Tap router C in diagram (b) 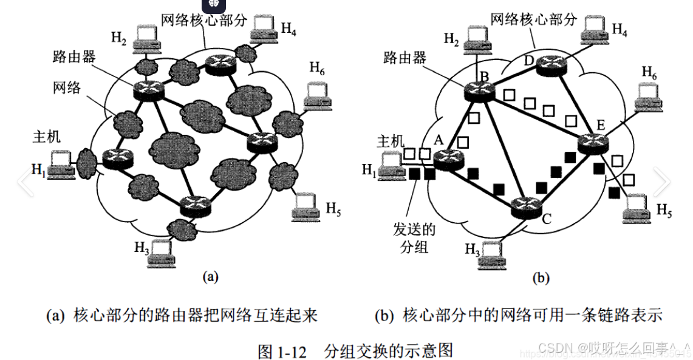click(x=525, y=208)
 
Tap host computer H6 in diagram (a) click(x=316, y=92)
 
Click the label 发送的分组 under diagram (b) click(x=414, y=238)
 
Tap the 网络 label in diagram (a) click(x=64, y=88)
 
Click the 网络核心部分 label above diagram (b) click(x=533, y=19)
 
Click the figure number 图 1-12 click(x=278, y=351)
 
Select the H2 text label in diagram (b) click(x=451, y=39)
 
